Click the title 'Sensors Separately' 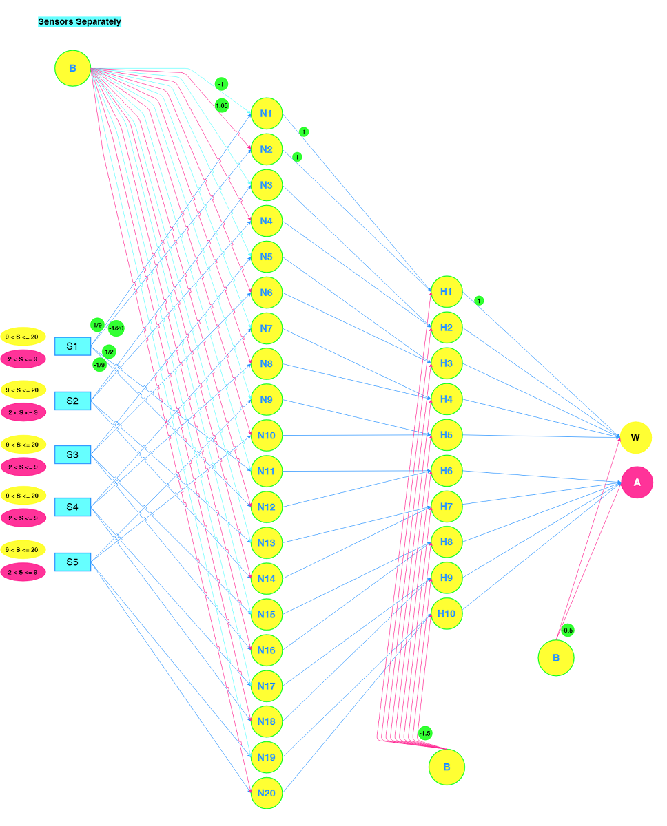click(79, 21)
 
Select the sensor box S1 click(72, 346)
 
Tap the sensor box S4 click(72, 507)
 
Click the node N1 click(266, 114)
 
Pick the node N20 click(266, 793)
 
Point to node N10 click(266, 435)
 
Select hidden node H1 click(446, 292)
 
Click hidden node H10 click(446, 613)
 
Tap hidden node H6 click(446, 471)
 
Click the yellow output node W click(635, 437)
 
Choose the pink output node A click(637, 483)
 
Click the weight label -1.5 click(424, 733)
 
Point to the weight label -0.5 click(567, 630)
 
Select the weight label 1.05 click(221, 105)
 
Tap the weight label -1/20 click(116, 328)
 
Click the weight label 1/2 click(109, 352)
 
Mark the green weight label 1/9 click(97, 325)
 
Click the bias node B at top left click(72, 68)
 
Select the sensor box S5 click(72, 562)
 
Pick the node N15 click(266, 614)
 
